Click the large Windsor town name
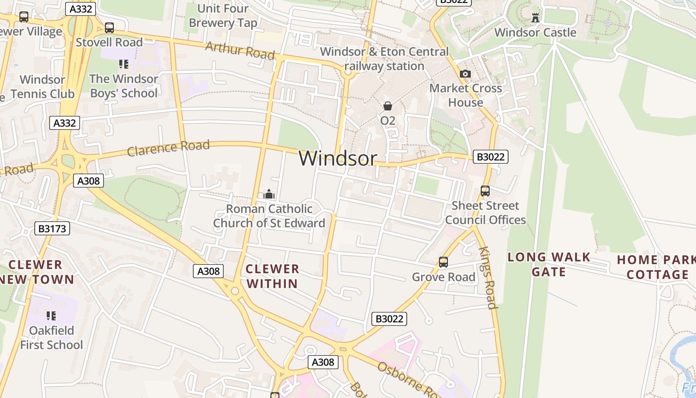click(338, 158)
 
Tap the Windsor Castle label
click(535, 33)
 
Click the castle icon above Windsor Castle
click(535, 18)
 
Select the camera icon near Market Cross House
click(465, 74)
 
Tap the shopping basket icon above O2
click(388, 106)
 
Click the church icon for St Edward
click(269, 194)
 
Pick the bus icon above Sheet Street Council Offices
click(485, 191)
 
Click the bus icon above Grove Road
click(443, 262)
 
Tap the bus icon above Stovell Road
click(109, 28)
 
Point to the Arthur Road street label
click(240, 50)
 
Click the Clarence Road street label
click(168, 148)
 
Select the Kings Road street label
click(488, 278)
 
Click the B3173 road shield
click(52, 229)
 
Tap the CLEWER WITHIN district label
click(272, 277)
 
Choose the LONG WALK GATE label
click(549, 265)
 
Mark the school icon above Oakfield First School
click(51, 316)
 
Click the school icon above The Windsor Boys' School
click(124, 64)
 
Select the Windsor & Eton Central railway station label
click(384, 59)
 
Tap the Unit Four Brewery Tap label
click(223, 15)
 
